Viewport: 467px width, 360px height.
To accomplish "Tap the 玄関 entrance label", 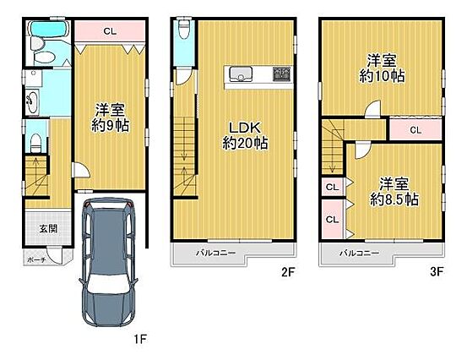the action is tap(48, 229).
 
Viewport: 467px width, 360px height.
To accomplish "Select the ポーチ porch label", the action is tap(36, 260).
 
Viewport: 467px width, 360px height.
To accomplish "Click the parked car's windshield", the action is tap(108, 282).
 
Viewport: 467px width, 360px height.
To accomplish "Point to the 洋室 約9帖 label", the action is tap(110, 117).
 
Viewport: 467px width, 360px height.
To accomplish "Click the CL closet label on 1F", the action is tap(110, 31).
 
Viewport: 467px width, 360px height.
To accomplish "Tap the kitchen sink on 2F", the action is tap(241, 74).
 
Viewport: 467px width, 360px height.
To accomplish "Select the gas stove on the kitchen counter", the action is tap(281, 74).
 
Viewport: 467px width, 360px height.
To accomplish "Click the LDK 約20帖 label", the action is tap(245, 135).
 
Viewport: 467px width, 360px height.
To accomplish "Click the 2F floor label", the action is tap(288, 272).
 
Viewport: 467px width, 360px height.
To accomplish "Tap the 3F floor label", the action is tap(437, 272).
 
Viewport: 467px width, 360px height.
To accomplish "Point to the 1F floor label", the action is tap(139, 339).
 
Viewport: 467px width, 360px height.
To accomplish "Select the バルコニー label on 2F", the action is tap(215, 254).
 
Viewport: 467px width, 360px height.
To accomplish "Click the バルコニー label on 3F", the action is tap(360, 254).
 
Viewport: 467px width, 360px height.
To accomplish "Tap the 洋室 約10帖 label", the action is tap(382, 68).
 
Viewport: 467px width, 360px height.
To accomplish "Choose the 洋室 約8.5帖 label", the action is tap(394, 192).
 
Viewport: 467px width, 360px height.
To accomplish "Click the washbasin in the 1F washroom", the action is tap(32, 101).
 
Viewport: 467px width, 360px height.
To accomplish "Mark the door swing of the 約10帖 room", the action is tap(373, 108).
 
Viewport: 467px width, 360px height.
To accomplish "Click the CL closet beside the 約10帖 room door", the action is tap(415, 130).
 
